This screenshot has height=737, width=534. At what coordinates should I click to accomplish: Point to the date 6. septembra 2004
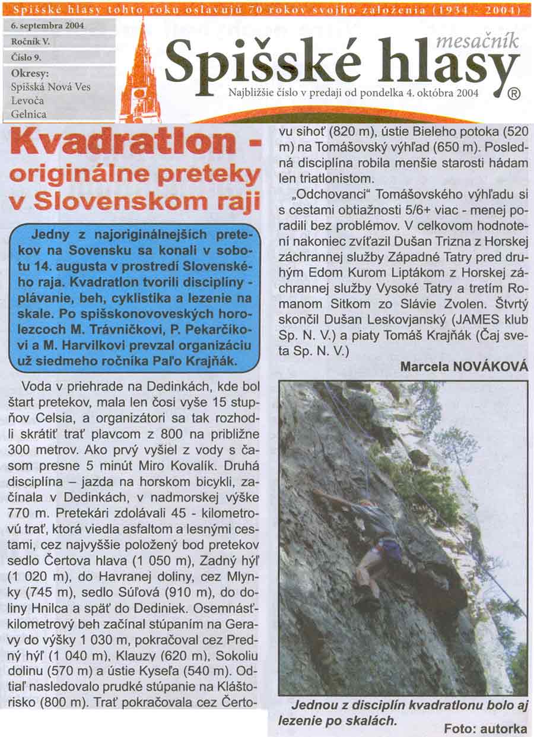tap(47, 26)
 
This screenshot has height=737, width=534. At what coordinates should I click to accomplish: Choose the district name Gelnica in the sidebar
tap(29, 114)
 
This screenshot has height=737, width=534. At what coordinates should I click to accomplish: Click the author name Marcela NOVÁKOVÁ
tap(464, 367)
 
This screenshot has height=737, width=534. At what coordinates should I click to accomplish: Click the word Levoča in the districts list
tap(27, 100)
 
